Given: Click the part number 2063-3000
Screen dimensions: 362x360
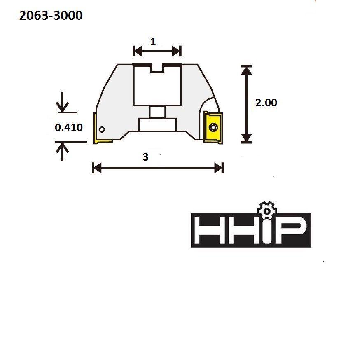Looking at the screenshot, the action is pos(51,16).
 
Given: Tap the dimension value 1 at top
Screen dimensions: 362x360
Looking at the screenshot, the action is pos(153,42).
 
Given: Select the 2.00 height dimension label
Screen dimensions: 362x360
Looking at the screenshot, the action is pos(266,103).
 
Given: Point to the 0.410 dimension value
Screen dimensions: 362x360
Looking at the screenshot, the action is pos(68,127).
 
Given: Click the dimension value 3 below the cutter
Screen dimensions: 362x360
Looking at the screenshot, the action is pos(145,157).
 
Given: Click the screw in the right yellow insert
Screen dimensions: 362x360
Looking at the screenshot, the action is pos(213,127).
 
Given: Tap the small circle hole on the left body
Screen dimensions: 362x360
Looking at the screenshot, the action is pos(102,130).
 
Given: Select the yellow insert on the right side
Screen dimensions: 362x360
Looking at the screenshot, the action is pos(213,128).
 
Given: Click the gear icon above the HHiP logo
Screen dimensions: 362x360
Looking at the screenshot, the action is pos(267,210).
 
